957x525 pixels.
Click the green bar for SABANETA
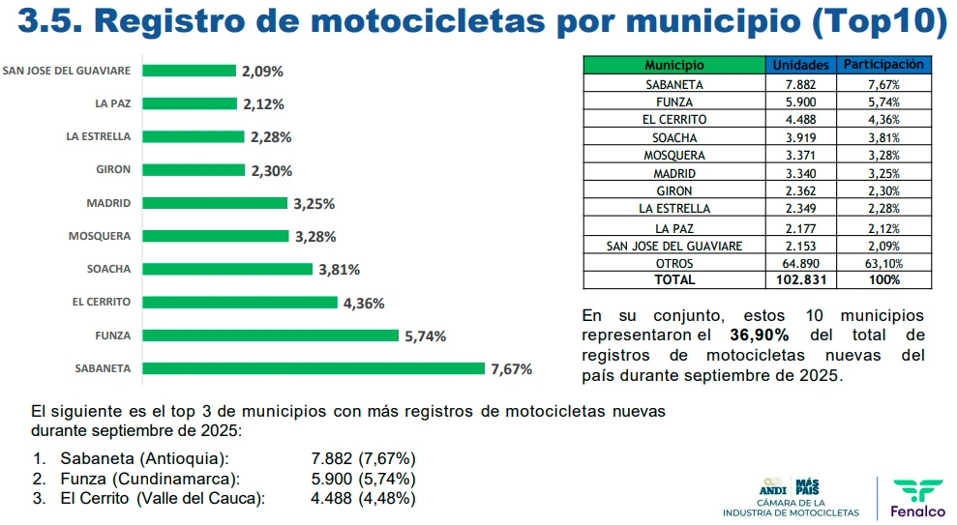pyautogui.click(x=314, y=368)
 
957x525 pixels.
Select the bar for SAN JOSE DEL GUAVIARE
pyautogui.click(x=190, y=71)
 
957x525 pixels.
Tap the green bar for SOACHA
pyautogui.click(x=227, y=269)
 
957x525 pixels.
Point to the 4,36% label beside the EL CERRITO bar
pyautogui.click(x=364, y=303)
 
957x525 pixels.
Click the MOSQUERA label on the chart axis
pyautogui.click(x=100, y=236)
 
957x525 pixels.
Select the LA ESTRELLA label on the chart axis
pyautogui.click(x=99, y=136)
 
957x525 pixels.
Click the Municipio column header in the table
pyautogui.click(x=674, y=65)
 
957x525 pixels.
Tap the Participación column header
pyautogui.click(x=884, y=65)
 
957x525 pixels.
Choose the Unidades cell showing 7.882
pyautogui.click(x=801, y=84)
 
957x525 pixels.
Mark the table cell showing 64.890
pyautogui.click(x=801, y=263)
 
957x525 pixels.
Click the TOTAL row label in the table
pyautogui.click(x=674, y=279)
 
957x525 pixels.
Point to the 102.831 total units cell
pyautogui.click(x=801, y=279)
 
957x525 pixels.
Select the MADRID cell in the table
pyautogui.click(x=674, y=173)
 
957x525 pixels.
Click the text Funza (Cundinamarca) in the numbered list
pyautogui.click(x=150, y=479)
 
